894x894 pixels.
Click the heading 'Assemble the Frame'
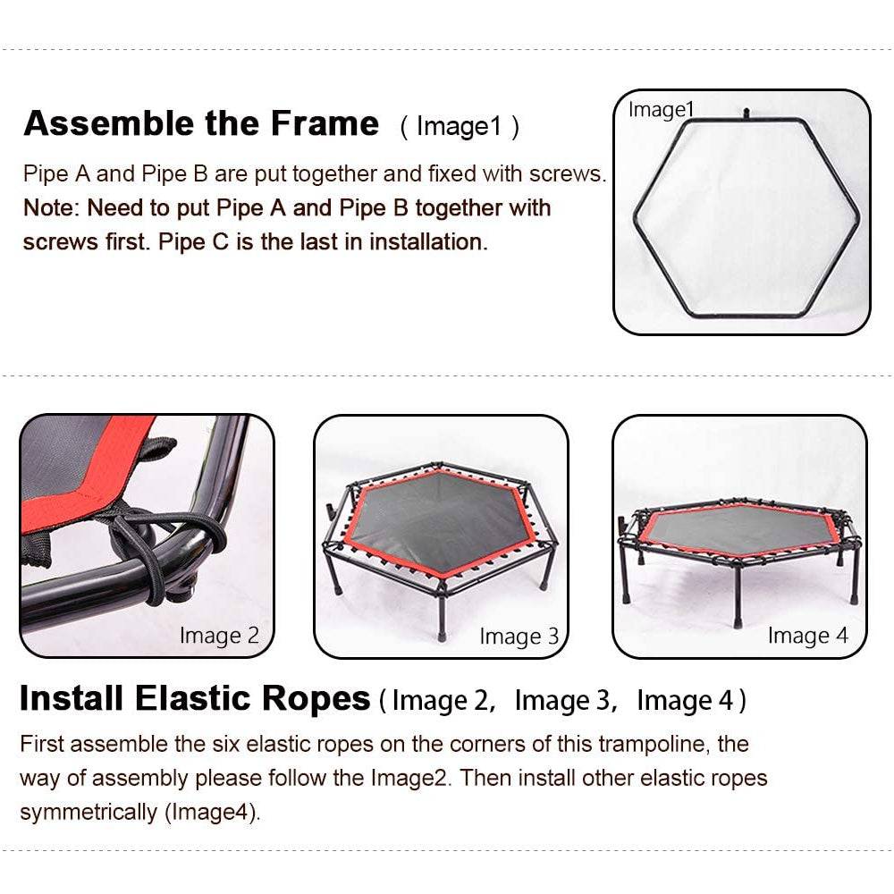point(201,123)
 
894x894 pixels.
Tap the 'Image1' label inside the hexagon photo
point(661,109)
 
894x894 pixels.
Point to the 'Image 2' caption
point(219,635)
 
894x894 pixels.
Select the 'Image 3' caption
point(519,637)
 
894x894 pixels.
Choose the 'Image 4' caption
point(808,635)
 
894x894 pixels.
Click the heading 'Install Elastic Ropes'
point(195,698)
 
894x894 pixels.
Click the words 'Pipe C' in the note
point(193,241)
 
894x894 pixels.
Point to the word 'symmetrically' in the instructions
point(89,812)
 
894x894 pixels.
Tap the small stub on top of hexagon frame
point(746,114)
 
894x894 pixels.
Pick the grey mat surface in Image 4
point(740,527)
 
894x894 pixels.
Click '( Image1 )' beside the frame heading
point(460,127)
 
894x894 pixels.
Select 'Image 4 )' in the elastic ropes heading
point(691,700)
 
